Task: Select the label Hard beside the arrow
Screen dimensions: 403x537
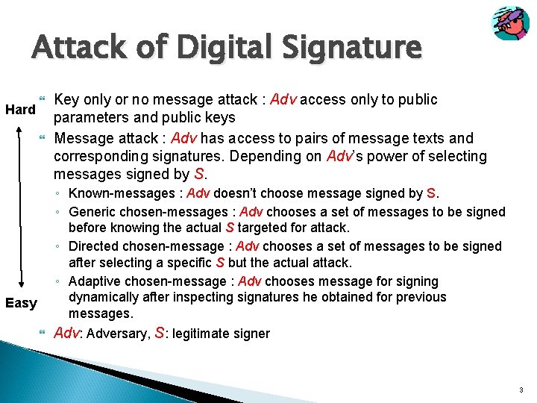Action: [x=21, y=110]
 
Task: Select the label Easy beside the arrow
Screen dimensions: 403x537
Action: [x=21, y=303]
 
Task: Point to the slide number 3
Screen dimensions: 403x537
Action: [x=521, y=390]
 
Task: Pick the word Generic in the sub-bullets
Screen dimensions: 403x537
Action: [x=92, y=211]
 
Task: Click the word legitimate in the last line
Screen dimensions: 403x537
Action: [x=206, y=334]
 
